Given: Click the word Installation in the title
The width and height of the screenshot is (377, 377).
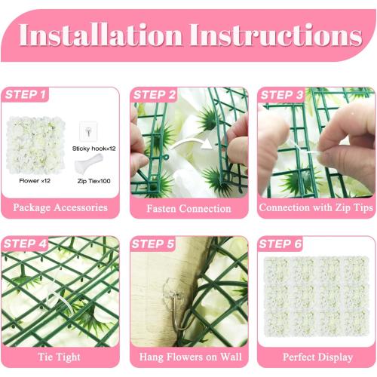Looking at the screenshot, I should tap(100, 36).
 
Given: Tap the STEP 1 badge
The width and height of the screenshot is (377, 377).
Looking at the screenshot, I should tap(26, 95).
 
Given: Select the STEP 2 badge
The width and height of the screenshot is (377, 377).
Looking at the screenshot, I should tap(155, 95).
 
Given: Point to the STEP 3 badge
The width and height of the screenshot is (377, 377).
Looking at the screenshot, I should tap(281, 95).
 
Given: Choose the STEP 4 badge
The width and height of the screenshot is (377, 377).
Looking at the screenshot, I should tap(26, 244).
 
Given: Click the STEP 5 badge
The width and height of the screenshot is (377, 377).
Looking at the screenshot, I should tap(155, 244).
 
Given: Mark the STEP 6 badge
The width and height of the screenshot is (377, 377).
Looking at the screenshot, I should tap(281, 244).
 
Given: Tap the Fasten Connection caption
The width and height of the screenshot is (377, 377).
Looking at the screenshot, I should tap(188, 207).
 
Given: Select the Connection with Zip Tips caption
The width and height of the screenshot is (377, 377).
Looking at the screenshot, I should tap(315, 207).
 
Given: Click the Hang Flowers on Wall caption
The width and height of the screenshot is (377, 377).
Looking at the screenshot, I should tap(188, 356).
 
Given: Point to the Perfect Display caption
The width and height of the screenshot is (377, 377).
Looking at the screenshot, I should tap(315, 356).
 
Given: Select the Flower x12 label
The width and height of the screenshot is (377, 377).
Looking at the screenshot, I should tap(35, 182).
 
